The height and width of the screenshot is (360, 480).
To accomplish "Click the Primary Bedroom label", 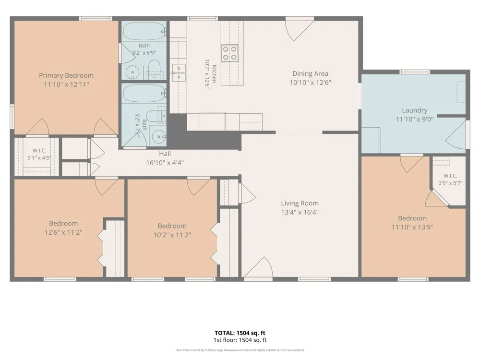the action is [66, 75].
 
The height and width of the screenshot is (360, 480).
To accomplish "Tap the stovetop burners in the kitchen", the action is [229, 53].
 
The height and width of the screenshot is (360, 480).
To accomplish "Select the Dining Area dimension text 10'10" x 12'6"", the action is [311, 83].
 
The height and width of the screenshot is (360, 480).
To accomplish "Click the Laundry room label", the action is [415, 110].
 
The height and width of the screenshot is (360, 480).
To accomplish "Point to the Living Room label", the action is [300, 203].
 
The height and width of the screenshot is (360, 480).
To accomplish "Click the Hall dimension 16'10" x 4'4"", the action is [165, 163].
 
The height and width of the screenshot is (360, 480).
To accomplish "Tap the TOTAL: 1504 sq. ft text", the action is [240, 333].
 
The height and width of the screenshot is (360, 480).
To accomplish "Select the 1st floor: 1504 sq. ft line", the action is [240, 340].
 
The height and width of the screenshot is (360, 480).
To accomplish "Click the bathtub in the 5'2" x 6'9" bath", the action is [144, 31].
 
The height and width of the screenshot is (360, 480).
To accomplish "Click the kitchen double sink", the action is [179, 73].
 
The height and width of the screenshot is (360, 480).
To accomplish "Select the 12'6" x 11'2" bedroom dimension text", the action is [63, 232].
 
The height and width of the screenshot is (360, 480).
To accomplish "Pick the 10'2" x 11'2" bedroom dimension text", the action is [172, 235].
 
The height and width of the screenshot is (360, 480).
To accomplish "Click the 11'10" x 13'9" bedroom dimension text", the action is [412, 227].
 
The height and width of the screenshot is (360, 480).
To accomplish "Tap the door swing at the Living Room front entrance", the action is [259, 267].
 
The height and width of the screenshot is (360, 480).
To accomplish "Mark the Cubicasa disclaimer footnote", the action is [240, 350].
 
